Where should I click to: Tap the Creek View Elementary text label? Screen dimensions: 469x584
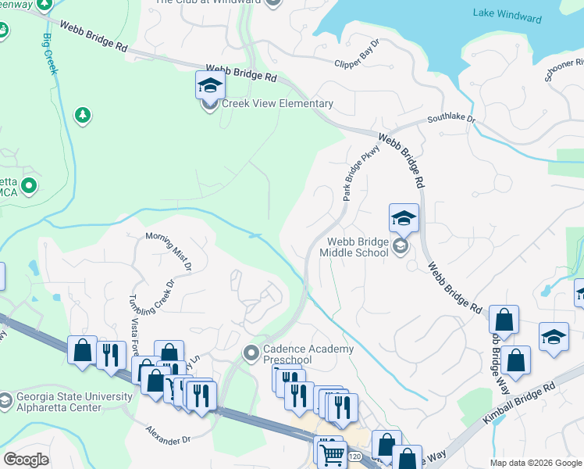click(x=277, y=104)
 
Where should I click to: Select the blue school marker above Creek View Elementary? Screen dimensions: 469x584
click(x=210, y=84)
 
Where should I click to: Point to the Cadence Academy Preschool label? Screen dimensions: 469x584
click(x=308, y=354)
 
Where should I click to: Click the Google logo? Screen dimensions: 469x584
click(x=26, y=460)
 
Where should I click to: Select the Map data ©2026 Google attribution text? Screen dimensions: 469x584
click(x=535, y=463)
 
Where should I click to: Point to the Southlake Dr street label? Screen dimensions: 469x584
click(x=450, y=120)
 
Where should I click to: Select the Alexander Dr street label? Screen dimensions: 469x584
click(x=169, y=435)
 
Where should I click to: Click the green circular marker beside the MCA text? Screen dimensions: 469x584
click(x=30, y=186)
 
